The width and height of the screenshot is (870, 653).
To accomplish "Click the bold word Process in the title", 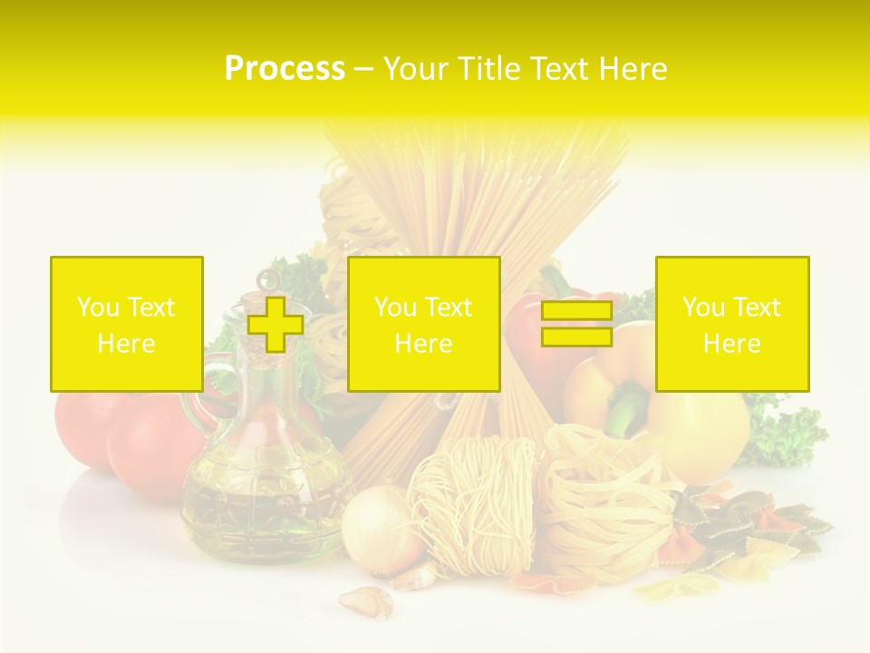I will [x=285, y=69].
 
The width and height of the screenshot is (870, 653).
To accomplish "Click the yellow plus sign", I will [x=275, y=325].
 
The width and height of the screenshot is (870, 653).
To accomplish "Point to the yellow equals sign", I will [x=576, y=325].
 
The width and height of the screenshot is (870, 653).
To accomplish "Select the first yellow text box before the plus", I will [x=126, y=324].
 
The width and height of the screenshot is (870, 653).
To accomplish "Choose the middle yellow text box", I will [x=423, y=324].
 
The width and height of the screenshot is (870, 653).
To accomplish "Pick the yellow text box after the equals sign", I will [x=731, y=324].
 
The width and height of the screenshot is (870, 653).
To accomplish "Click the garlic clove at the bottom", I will [x=367, y=601].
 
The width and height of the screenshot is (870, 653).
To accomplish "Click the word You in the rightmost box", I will [x=702, y=307].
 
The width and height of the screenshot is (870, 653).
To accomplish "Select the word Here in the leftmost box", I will [x=126, y=344].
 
